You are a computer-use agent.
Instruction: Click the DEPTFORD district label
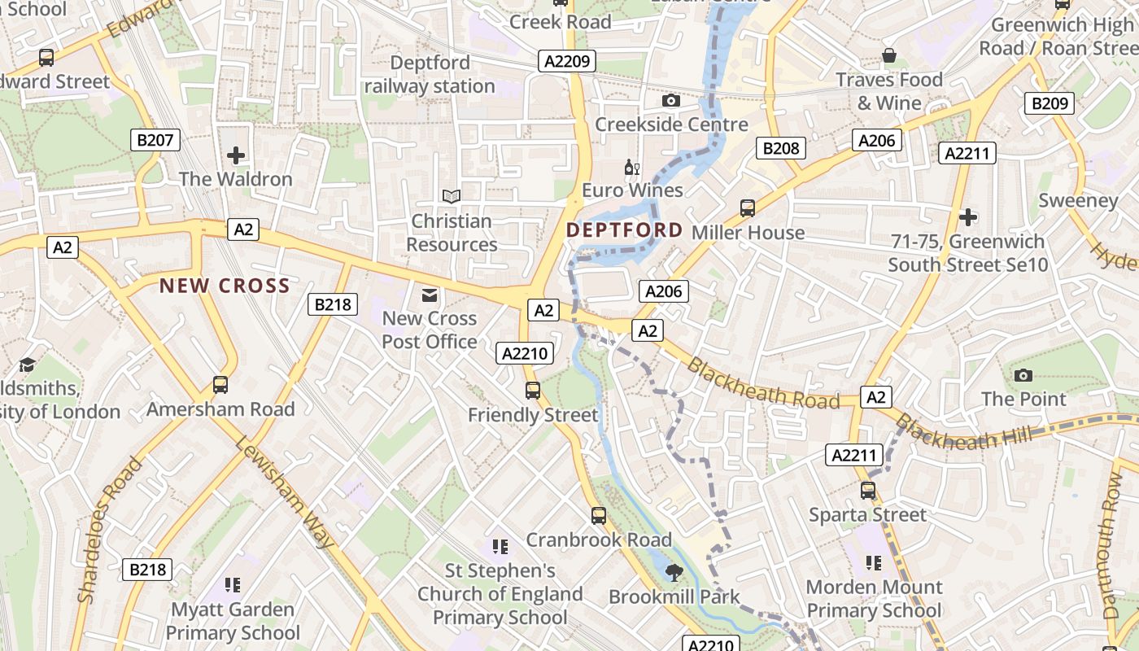[x=624, y=230]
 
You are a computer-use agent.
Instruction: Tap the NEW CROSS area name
[x=225, y=286]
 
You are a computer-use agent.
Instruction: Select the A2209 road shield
[x=567, y=61]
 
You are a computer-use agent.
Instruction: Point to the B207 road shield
[x=155, y=140]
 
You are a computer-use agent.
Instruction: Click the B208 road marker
[x=781, y=148]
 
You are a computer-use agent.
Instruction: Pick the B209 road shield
[x=1050, y=103]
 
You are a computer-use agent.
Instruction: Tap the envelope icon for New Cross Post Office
[x=429, y=295]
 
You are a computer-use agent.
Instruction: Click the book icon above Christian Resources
[x=451, y=197]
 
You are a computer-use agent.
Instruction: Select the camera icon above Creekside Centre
[x=670, y=101]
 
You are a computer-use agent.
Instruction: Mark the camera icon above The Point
[x=1023, y=375]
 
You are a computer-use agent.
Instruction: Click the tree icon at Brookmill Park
[x=674, y=573]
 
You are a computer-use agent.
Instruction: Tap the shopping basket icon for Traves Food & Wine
[x=889, y=56]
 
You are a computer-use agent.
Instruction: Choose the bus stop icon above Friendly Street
[x=533, y=391]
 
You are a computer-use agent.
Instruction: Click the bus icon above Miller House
[x=748, y=208]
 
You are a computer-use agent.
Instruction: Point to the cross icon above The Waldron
[x=236, y=155]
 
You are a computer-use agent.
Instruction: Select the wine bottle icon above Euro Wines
[x=631, y=168]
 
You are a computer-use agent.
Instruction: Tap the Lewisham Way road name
[x=285, y=492]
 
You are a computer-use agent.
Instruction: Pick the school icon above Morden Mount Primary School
[x=874, y=563]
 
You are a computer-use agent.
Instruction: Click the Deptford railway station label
[x=430, y=74]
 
